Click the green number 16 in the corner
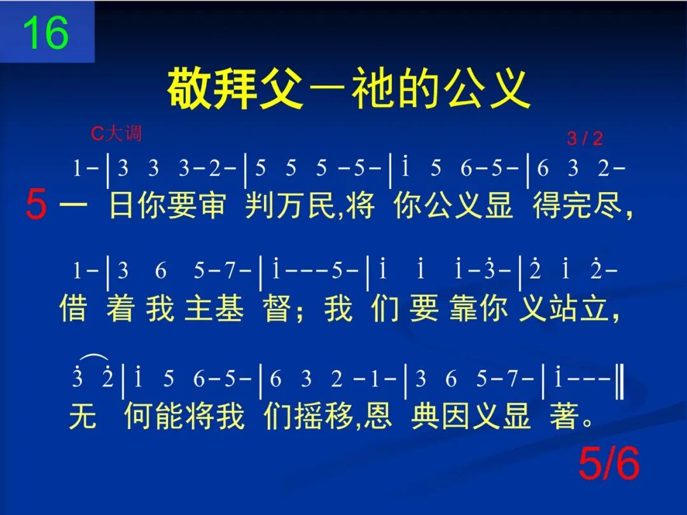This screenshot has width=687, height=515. coord(45,33)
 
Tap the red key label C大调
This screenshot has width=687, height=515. coord(116,134)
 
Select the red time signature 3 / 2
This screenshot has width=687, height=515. coord(584,139)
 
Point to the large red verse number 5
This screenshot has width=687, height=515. coord(36,207)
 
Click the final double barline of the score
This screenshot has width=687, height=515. coord(620,380)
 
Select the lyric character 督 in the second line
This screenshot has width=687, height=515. coord(276,310)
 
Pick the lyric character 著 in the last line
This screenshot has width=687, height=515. coord(564,417)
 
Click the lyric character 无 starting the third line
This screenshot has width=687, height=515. coord(82,417)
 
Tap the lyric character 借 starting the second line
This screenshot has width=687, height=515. coord(73,310)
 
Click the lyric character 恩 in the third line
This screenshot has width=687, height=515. coord(379,417)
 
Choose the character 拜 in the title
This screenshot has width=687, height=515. coord(234,90)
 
